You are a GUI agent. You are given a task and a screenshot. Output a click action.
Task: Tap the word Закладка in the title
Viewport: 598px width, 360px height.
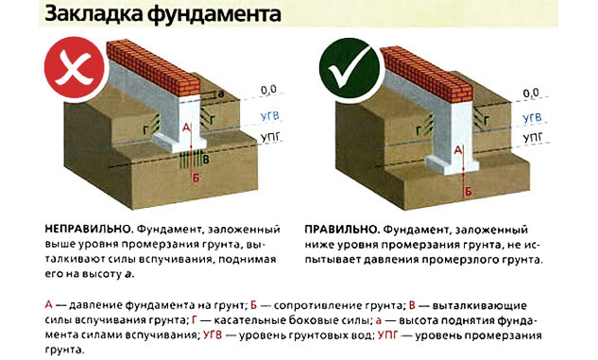coord(94,14)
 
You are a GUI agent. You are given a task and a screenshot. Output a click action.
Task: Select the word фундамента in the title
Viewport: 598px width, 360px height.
coord(214,14)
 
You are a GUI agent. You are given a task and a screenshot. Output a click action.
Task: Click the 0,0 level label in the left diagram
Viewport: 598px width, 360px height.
coord(268,90)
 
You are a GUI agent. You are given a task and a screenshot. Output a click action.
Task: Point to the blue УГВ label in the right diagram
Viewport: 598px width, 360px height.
coord(532,118)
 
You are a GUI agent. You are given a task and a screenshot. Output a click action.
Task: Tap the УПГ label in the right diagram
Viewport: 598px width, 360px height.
coord(533,138)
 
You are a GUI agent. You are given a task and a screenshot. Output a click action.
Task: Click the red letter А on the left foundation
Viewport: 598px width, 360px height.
coord(186,127)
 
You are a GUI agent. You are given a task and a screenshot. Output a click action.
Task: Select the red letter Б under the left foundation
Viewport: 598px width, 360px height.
coord(196,178)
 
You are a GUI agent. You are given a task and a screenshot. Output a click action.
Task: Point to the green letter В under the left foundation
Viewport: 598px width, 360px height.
coord(206,160)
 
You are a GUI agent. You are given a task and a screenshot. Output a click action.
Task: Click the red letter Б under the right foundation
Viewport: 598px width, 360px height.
coord(468,192)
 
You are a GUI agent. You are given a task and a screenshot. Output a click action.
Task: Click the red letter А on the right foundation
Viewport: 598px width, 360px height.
coord(458,150)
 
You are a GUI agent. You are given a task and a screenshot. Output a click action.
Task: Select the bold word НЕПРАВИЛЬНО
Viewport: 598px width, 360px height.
coord(89,230)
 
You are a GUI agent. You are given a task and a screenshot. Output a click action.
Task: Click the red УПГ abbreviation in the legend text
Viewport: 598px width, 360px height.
coord(388,335)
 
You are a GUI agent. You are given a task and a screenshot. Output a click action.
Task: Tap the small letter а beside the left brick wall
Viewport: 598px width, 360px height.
coord(221,94)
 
